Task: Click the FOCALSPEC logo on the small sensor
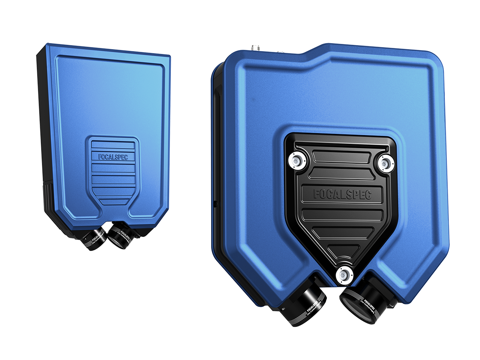click(x=113, y=157)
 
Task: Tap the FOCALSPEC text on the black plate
click(x=342, y=195)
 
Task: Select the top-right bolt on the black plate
click(x=386, y=162)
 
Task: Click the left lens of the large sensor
click(x=302, y=306)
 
